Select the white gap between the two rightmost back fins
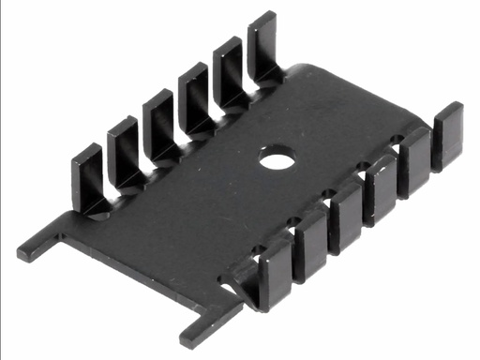[247, 73]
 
